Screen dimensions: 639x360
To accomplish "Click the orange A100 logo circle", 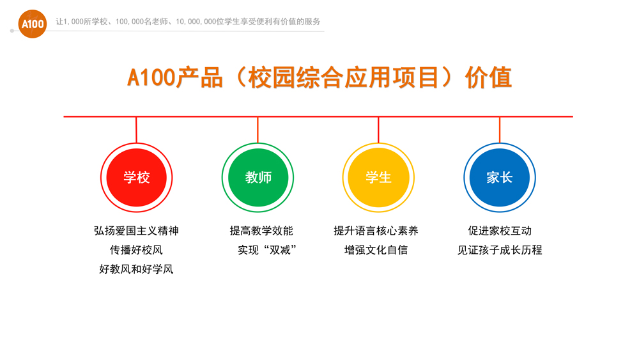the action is pyautogui.click(x=33, y=24).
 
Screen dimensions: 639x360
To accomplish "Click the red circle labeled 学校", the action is pyautogui.click(x=137, y=177).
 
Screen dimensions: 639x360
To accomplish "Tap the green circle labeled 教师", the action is pyautogui.click(x=258, y=177).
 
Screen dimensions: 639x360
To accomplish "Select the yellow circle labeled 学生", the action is pyautogui.click(x=378, y=177).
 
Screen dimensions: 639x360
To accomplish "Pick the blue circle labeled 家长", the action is pyautogui.click(x=500, y=177).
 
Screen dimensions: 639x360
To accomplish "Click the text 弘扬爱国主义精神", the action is pyautogui.click(x=137, y=231).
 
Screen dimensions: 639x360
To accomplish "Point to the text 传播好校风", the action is pyautogui.click(x=137, y=250).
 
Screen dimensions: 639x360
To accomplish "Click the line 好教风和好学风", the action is pyautogui.click(x=137, y=269).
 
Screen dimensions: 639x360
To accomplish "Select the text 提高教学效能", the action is pyautogui.click(x=261, y=231).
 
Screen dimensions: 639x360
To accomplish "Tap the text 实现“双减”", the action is pyautogui.click(x=267, y=250).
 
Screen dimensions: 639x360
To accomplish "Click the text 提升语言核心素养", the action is pyautogui.click(x=376, y=231).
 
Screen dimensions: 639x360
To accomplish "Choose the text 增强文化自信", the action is pyautogui.click(x=376, y=250).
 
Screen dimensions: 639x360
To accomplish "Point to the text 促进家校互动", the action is pyautogui.click(x=500, y=231).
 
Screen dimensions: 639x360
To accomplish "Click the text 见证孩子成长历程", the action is pyautogui.click(x=500, y=250).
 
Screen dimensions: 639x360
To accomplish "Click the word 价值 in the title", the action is pyautogui.click(x=489, y=77).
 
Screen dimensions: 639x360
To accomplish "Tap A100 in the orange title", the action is pyautogui.click(x=151, y=77).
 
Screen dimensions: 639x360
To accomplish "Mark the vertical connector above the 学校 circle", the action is pyautogui.click(x=136, y=130).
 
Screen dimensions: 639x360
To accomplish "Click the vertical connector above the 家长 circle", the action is pyautogui.click(x=500, y=130).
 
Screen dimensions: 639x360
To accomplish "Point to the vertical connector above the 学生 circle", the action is pyautogui.click(x=378, y=130).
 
